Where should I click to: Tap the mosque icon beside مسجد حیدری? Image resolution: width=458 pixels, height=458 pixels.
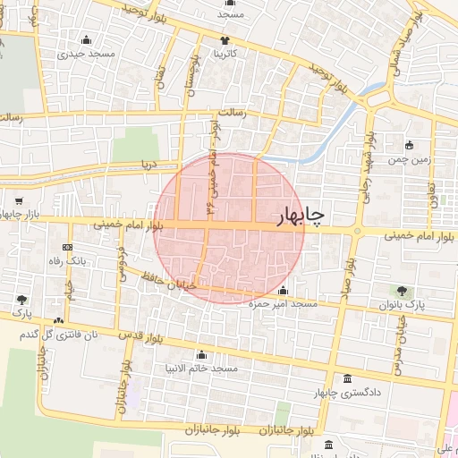point(86,39)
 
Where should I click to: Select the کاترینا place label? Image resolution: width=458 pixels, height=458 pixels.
point(225,54)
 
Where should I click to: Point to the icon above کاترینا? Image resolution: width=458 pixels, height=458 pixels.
point(225,40)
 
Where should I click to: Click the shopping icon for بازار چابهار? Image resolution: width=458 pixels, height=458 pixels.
point(19,201)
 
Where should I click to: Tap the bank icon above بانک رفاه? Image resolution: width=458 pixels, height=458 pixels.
point(67,247)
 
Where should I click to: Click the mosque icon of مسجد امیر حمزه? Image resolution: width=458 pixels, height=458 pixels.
point(284,291)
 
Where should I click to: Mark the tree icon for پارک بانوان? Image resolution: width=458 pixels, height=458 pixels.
point(402,291)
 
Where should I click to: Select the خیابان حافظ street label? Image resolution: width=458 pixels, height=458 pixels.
point(192,284)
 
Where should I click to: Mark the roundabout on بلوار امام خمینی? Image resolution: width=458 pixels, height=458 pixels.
point(357,233)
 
